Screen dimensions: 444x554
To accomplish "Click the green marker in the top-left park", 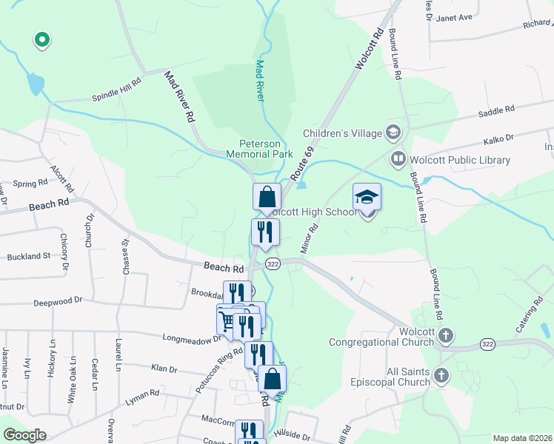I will tap(42, 40).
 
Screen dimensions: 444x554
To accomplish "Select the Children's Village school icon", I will tap(393, 133).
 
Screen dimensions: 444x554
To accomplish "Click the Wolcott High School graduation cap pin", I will tap(367, 198).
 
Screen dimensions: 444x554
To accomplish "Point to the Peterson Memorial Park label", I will tap(266, 149).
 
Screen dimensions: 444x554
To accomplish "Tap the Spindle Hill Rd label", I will tap(116, 90).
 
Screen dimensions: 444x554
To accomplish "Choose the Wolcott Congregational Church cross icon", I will tap(445, 335).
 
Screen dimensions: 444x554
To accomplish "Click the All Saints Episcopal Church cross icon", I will tap(442, 375).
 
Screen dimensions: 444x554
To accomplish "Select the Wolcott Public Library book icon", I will tap(398, 159).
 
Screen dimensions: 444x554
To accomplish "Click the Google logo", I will tap(24, 435).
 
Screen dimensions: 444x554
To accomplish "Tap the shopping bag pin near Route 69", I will tap(267, 198).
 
